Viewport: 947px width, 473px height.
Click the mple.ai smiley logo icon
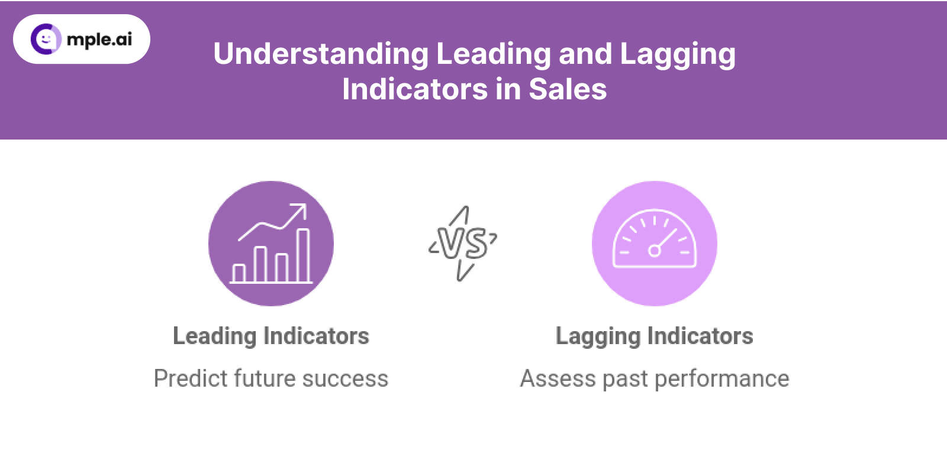coord(46,39)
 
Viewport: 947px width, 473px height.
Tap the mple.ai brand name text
coord(100,40)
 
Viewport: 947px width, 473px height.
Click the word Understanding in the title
coord(321,54)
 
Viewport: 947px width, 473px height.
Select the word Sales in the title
coord(568,89)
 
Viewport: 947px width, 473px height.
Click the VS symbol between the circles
coord(463,244)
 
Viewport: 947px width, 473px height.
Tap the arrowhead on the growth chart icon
coord(299,210)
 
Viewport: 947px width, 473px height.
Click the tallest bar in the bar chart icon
coord(304,255)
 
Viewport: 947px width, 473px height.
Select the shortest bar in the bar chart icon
coord(239,273)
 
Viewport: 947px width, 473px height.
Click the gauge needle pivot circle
coord(655,251)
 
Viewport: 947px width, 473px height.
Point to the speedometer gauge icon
coord(655,239)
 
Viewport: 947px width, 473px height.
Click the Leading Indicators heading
coord(271,336)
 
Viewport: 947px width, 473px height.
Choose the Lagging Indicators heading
coord(655,337)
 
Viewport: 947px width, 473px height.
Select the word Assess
coord(558,378)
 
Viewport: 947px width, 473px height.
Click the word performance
coord(721,379)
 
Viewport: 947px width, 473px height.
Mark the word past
coord(625,379)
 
